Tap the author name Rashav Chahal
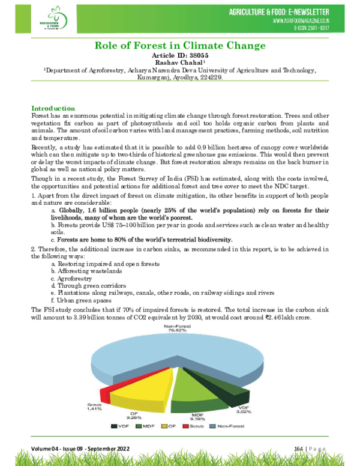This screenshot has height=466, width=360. [179, 62]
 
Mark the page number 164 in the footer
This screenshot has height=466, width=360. [299, 449]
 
